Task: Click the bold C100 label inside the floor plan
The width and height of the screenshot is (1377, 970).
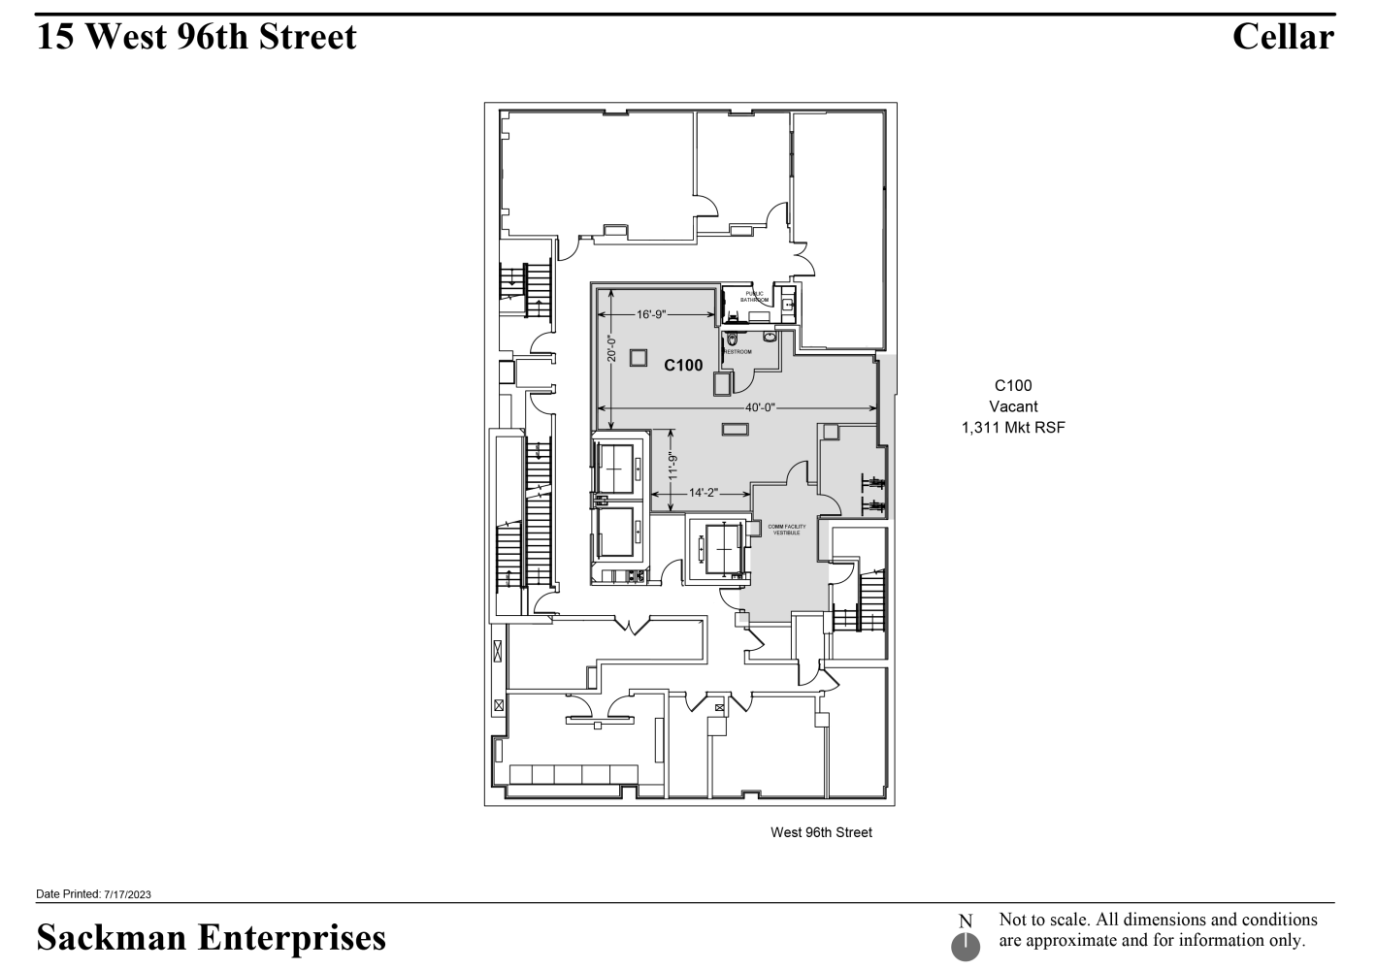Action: pos(683,366)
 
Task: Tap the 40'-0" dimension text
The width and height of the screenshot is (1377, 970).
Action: pos(760,407)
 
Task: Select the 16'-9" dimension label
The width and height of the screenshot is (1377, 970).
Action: pos(651,314)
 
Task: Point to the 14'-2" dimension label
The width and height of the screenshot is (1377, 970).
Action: pos(703,493)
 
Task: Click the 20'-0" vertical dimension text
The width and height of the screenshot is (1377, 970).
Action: pos(611,349)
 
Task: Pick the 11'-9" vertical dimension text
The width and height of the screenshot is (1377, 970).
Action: pos(672,466)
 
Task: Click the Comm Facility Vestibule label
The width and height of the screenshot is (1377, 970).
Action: pos(786,530)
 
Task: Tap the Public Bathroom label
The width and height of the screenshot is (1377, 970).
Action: pos(755,297)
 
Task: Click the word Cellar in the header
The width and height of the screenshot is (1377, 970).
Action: pos(1283,37)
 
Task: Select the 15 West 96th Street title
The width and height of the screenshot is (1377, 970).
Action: pos(197,37)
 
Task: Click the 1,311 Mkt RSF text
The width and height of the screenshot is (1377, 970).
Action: pos(1013,427)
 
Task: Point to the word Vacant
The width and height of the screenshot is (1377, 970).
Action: pos(1013,406)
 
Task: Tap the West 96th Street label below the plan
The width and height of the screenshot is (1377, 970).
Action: pos(821,832)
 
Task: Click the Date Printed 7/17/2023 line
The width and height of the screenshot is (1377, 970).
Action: pos(93,894)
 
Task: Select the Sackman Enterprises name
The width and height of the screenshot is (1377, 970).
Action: pos(211,937)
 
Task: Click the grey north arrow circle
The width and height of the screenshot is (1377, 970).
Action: pos(966,947)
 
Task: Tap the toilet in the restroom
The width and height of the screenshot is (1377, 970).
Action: pos(732,339)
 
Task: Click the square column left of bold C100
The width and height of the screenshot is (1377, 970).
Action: pos(638,357)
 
